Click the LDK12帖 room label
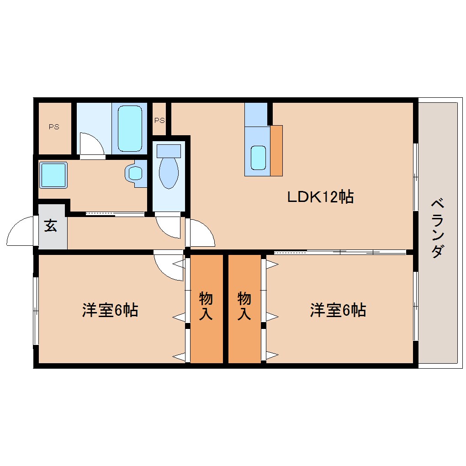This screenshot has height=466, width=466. [320, 197]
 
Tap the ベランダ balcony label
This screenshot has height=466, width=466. [438, 228]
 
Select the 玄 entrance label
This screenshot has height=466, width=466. [51, 226]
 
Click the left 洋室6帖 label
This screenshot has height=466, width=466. [110, 310]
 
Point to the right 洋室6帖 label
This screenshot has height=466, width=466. [338, 310]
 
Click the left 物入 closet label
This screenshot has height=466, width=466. [206, 306]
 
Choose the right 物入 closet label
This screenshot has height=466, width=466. [244, 306]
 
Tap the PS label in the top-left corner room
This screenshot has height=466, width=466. [54, 127]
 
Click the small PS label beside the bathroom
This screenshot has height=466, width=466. [159, 120]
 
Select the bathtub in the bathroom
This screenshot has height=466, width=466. [130, 128]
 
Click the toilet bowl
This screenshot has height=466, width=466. [169, 173]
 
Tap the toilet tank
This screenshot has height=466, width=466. [169, 151]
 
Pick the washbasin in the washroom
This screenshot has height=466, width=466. [136, 173]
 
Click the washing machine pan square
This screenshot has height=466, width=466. [53, 175]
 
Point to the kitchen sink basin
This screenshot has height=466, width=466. [258, 158]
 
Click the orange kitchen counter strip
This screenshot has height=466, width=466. [276, 151]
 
